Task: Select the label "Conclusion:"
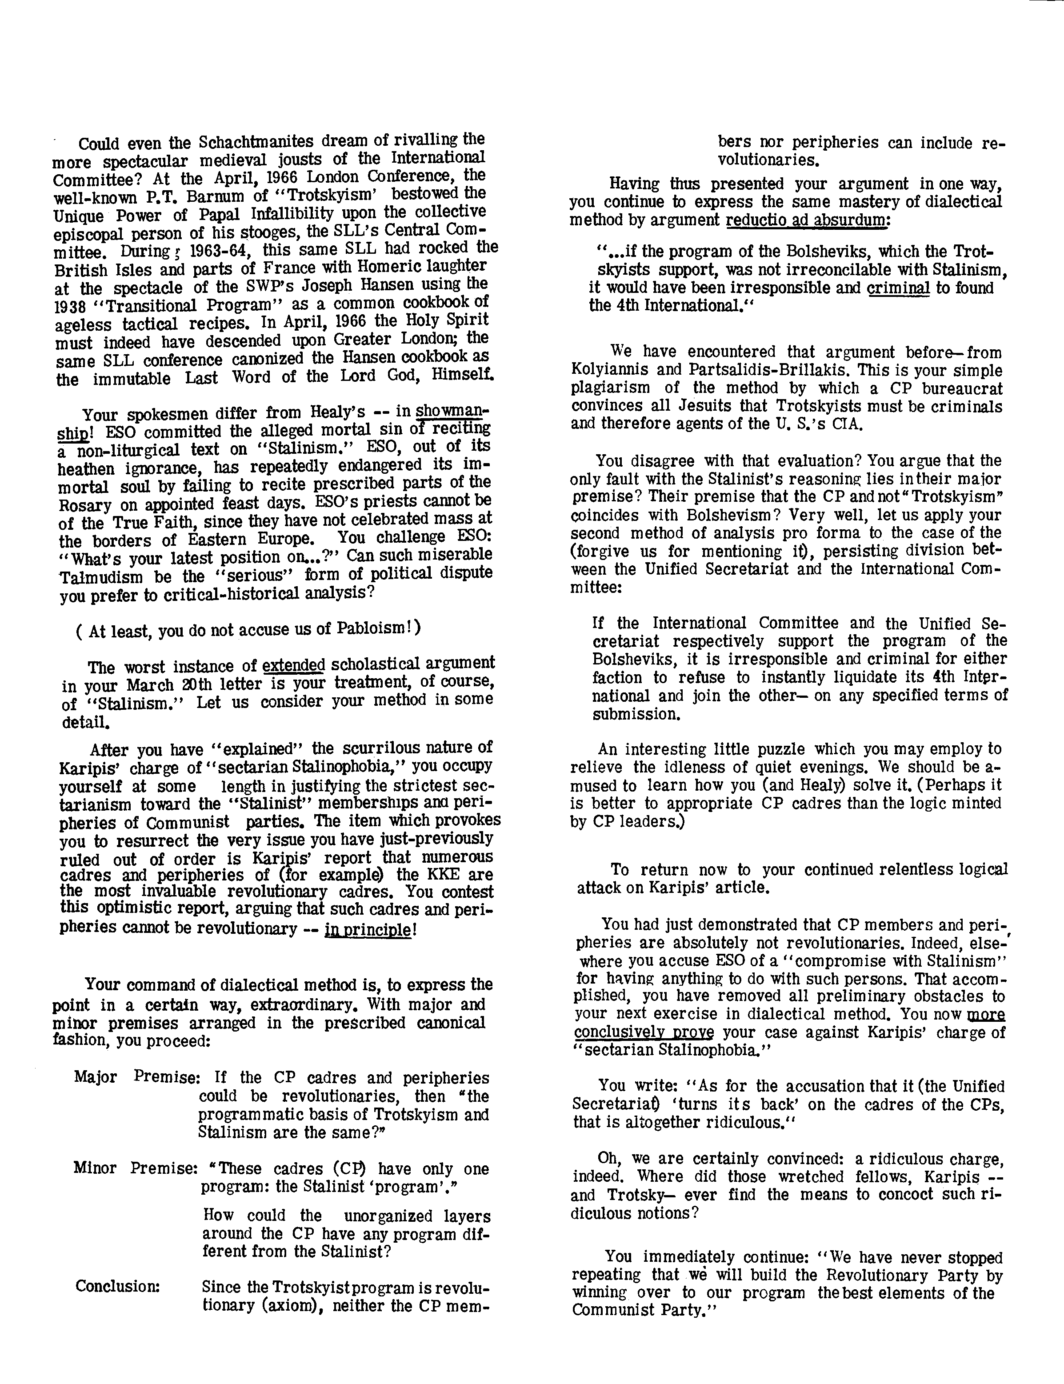click(118, 1287)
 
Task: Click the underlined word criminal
click(898, 288)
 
